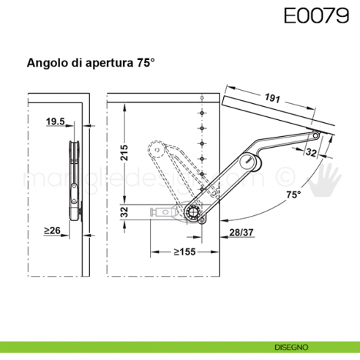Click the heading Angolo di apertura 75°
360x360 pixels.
(x=91, y=64)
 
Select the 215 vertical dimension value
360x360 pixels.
(x=125, y=153)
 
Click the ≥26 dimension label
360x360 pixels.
(x=51, y=231)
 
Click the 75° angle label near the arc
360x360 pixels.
(x=293, y=195)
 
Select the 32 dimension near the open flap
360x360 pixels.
(x=311, y=153)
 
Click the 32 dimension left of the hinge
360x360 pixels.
(x=125, y=212)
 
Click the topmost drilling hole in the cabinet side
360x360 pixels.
(x=201, y=98)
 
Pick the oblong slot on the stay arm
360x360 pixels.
(x=250, y=161)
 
